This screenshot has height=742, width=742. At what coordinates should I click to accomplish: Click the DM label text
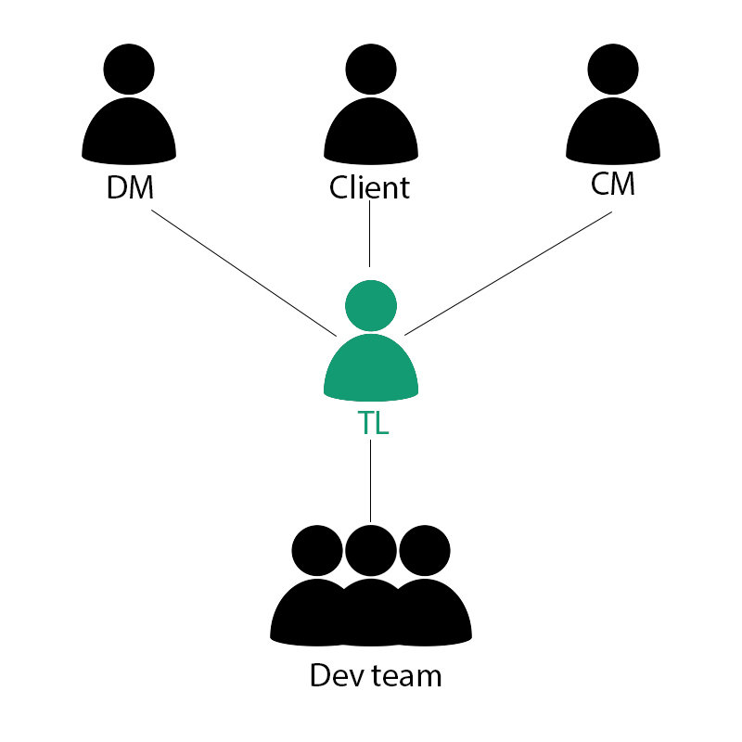coord(129,188)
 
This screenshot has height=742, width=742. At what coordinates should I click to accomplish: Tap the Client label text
coord(369,188)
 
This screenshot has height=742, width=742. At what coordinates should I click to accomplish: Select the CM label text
coord(613,185)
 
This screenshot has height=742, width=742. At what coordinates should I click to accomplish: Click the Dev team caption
coord(376,675)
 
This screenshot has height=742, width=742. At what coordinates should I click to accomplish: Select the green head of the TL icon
coord(371,305)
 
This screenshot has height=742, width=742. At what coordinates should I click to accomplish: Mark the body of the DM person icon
coord(129,130)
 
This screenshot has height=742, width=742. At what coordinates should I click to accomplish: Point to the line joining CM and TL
coord(508,273)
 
